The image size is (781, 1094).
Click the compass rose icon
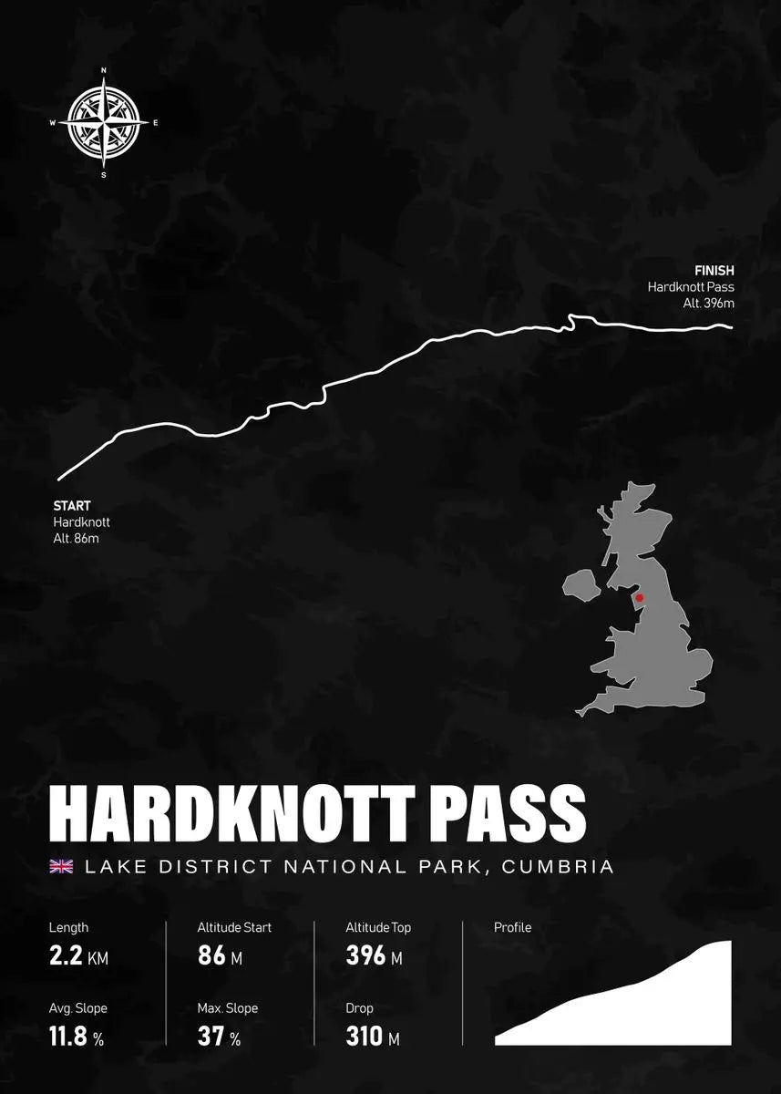[x=104, y=122]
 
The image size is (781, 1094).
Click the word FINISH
[x=714, y=271]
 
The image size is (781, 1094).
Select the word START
[x=72, y=506]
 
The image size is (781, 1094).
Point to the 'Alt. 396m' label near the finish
[x=708, y=304]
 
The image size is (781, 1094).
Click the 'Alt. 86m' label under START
[x=76, y=539]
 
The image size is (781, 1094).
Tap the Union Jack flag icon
[x=62, y=866]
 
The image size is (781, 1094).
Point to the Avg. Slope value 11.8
[x=68, y=1037]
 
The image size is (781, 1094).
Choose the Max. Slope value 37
[x=211, y=1037]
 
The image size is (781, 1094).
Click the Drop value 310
[x=365, y=1037]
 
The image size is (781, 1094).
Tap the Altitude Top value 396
[x=365, y=957]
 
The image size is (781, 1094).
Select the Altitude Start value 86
[x=211, y=957]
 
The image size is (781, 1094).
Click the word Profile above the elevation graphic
[x=512, y=928]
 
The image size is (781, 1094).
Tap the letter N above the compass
[x=104, y=70]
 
